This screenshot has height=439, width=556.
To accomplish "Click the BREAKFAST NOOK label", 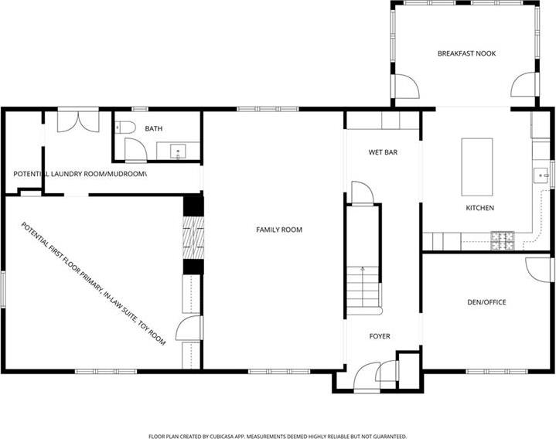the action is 466,53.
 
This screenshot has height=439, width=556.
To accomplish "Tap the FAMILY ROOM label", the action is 279,230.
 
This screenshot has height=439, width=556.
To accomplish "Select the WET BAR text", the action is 383,152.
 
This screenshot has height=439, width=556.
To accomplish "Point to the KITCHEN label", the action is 479,208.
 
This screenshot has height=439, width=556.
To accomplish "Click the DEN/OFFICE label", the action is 486,302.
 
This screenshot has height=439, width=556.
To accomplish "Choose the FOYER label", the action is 380,336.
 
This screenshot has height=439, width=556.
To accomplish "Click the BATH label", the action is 154,128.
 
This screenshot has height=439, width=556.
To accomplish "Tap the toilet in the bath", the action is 125,128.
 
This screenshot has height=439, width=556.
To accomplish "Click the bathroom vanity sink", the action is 178,151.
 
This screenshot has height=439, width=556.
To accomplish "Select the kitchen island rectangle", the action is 477,167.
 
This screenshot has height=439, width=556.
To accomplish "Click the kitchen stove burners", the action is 502,240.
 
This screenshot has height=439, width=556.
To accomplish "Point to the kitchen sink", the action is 541,175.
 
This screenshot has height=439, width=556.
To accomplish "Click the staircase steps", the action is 363,291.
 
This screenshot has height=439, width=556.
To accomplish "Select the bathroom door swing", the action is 136,149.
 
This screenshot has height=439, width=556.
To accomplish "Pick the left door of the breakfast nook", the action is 406,86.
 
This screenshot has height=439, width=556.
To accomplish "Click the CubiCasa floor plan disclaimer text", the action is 278,436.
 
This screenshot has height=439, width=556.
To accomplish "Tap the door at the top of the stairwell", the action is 363,193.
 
